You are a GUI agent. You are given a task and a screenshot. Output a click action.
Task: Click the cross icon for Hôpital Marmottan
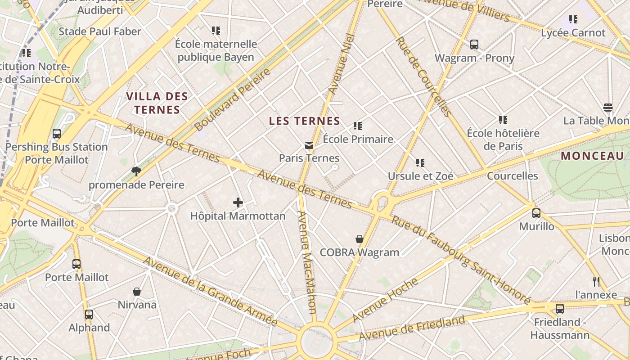(238, 203)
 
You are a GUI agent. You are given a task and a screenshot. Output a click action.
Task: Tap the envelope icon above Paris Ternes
(309, 145)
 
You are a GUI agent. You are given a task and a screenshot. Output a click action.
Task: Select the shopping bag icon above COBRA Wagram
(360, 239)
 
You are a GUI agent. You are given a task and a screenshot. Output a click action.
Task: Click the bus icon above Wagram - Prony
(474, 45)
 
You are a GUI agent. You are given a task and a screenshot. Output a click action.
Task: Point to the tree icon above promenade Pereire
(136, 171)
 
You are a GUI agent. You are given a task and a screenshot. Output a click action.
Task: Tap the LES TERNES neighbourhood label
(304, 121)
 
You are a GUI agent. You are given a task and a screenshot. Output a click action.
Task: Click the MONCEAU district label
(592, 156)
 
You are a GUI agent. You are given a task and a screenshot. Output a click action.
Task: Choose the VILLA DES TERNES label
(157, 103)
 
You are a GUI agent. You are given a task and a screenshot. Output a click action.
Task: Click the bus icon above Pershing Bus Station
(57, 134)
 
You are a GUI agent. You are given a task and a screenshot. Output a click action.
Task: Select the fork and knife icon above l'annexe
(596, 282)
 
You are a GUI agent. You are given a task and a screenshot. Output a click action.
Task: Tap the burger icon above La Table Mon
(608, 108)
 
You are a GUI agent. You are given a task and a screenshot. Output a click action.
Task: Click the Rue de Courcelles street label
(423, 77)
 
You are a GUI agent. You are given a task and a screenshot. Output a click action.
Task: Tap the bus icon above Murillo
(536, 213)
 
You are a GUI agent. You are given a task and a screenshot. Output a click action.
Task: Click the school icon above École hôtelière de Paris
(503, 120)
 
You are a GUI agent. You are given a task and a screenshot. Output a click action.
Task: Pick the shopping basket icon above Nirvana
(137, 292)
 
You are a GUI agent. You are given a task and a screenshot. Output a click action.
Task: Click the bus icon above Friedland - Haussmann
(560, 309)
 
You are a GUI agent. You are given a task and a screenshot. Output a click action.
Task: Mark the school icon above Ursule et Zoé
(420, 162)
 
